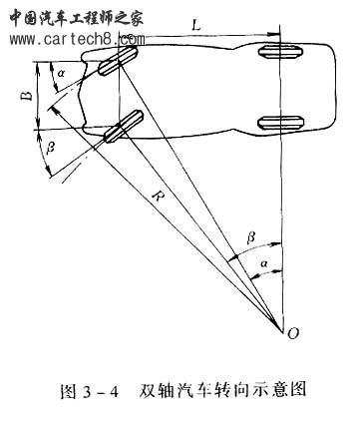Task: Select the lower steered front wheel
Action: tap(118, 130)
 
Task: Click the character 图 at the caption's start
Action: tap(70, 389)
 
